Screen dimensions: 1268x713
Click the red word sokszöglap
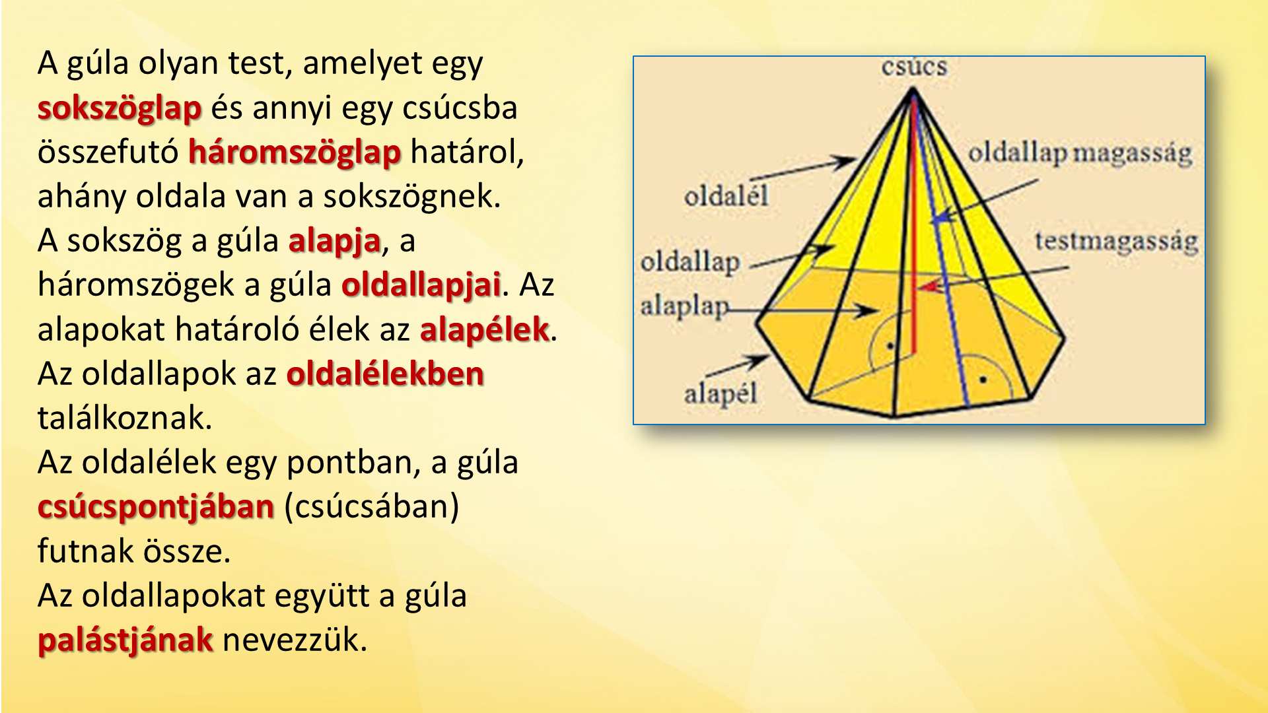120,109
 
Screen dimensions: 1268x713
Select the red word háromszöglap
295,153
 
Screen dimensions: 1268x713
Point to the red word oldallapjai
421,286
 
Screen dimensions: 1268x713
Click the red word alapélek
485,329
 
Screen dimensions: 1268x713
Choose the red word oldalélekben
385,374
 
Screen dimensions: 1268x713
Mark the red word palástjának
125,640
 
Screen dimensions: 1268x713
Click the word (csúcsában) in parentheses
372,507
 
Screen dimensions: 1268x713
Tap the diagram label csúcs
914,67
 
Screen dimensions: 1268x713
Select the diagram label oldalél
726,196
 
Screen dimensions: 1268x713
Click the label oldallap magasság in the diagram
1080,154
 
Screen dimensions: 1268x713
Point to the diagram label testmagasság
1116,242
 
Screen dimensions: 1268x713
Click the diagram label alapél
721,394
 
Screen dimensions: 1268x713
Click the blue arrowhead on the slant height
940,216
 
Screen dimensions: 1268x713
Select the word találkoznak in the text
125,419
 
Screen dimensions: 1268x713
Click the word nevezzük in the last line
295,640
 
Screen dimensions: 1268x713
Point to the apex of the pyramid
913,90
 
